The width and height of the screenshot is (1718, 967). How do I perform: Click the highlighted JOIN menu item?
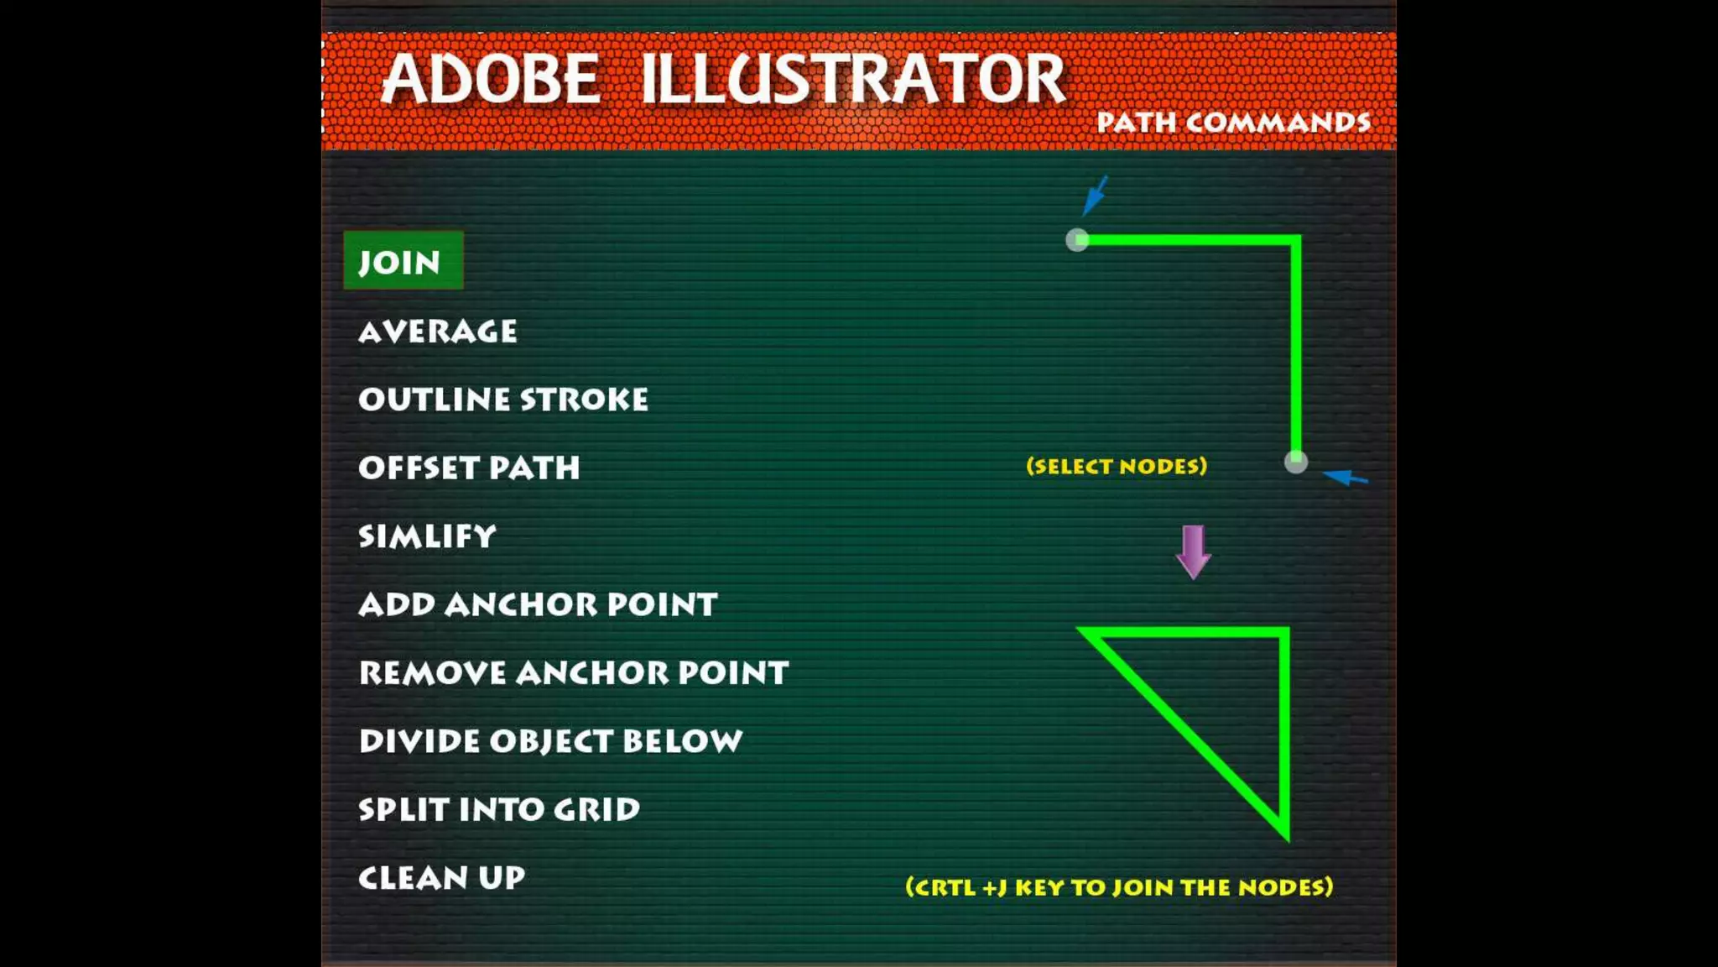coord(402,261)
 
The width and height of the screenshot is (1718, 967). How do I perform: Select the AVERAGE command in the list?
coord(437,332)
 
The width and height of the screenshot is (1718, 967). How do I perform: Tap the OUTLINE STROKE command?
coord(503,400)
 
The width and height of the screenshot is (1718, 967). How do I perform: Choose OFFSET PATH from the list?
coord(469,468)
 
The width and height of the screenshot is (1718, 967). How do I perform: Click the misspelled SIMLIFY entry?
coord(427,536)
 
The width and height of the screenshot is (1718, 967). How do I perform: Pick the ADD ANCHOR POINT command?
coord(538,604)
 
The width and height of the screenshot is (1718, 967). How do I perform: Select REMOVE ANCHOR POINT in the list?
coord(574,672)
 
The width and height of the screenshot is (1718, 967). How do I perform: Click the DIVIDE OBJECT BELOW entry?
coord(550,741)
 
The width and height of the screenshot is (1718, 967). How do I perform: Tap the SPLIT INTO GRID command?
coord(499,809)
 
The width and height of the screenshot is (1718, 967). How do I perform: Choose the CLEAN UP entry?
coord(441,878)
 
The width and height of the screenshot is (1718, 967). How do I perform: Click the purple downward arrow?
coord(1193,552)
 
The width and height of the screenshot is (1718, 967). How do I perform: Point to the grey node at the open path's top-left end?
coord(1077,241)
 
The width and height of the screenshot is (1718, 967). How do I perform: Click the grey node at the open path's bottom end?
coord(1295,462)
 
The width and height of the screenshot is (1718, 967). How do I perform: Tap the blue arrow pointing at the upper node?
coord(1095,196)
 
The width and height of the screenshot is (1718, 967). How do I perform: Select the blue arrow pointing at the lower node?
coord(1346,478)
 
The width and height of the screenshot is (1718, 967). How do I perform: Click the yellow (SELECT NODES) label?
coord(1117,466)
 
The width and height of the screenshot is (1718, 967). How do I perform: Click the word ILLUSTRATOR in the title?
coord(852,79)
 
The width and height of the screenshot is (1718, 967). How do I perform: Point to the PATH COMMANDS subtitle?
coord(1233,123)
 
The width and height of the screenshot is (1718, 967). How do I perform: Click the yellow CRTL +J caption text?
coord(1119,887)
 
